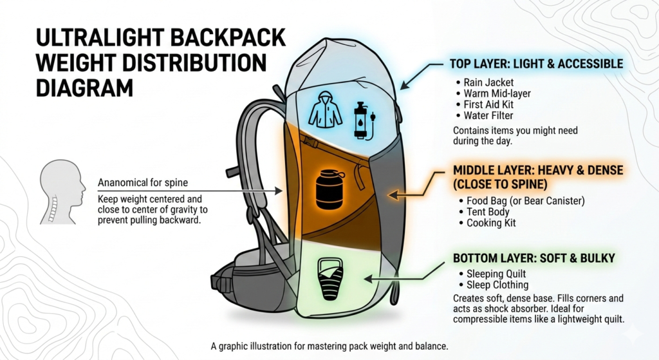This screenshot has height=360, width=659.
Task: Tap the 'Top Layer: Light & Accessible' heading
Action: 536,64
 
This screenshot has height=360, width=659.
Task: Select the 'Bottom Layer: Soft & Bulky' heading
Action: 534,258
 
